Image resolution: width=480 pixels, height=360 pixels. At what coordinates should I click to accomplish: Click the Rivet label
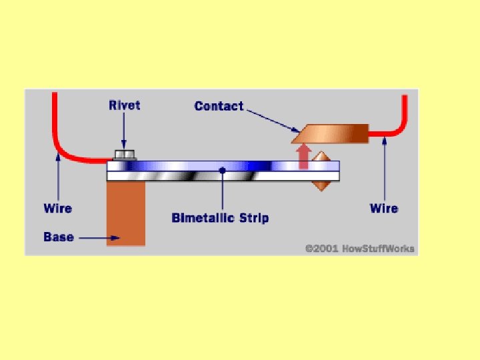pyautogui.click(x=125, y=105)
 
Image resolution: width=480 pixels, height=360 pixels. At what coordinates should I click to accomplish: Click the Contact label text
pyautogui.click(x=219, y=106)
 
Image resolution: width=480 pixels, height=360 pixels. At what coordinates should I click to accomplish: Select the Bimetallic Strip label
pyautogui.click(x=220, y=218)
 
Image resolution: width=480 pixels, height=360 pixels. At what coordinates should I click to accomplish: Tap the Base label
pyautogui.click(x=58, y=237)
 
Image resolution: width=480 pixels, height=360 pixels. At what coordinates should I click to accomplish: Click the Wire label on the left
pyautogui.click(x=57, y=208)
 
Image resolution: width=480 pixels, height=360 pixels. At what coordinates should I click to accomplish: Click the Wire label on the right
pyautogui.click(x=384, y=208)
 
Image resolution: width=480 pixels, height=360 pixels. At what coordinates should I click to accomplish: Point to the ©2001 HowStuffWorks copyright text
pyautogui.click(x=359, y=248)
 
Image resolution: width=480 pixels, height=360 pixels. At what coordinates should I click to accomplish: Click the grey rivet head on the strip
pyautogui.click(x=125, y=155)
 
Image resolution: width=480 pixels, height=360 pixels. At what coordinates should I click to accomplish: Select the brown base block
pyautogui.click(x=125, y=213)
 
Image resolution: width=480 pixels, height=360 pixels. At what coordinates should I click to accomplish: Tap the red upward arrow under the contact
pyautogui.click(x=304, y=156)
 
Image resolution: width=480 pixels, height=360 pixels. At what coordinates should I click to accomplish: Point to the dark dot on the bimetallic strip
pyautogui.click(x=222, y=171)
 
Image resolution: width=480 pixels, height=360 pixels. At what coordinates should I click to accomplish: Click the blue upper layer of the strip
pyautogui.click(x=200, y=166)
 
